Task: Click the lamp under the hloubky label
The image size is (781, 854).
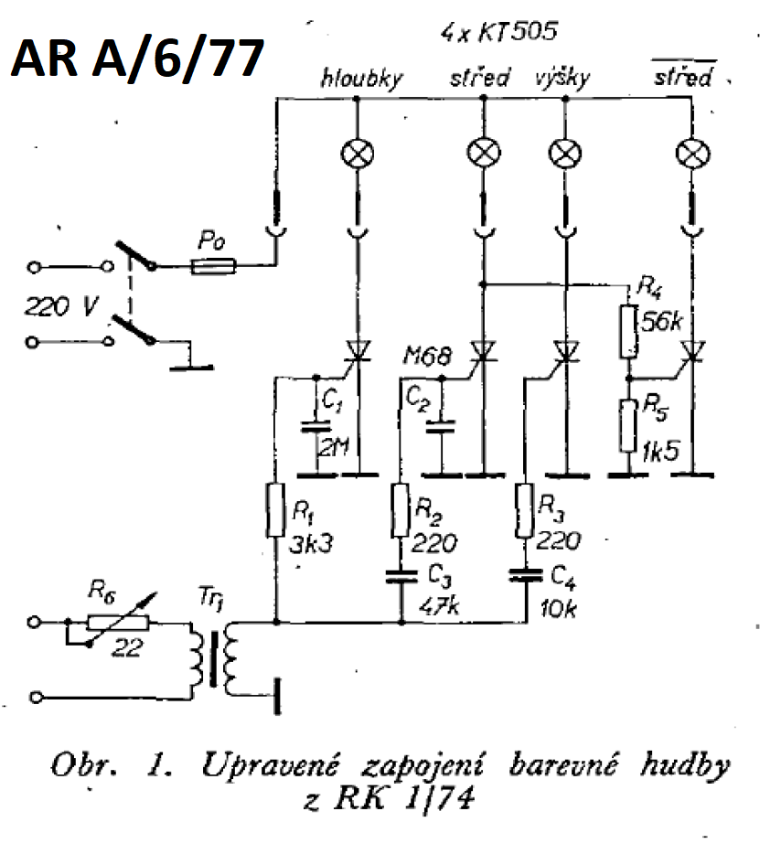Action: (x=355, y=154)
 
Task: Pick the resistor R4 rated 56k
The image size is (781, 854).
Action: (x=627, y=331)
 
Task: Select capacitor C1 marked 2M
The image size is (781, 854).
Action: (x=316, y=427)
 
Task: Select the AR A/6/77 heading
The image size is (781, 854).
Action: (x=137, y=59)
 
